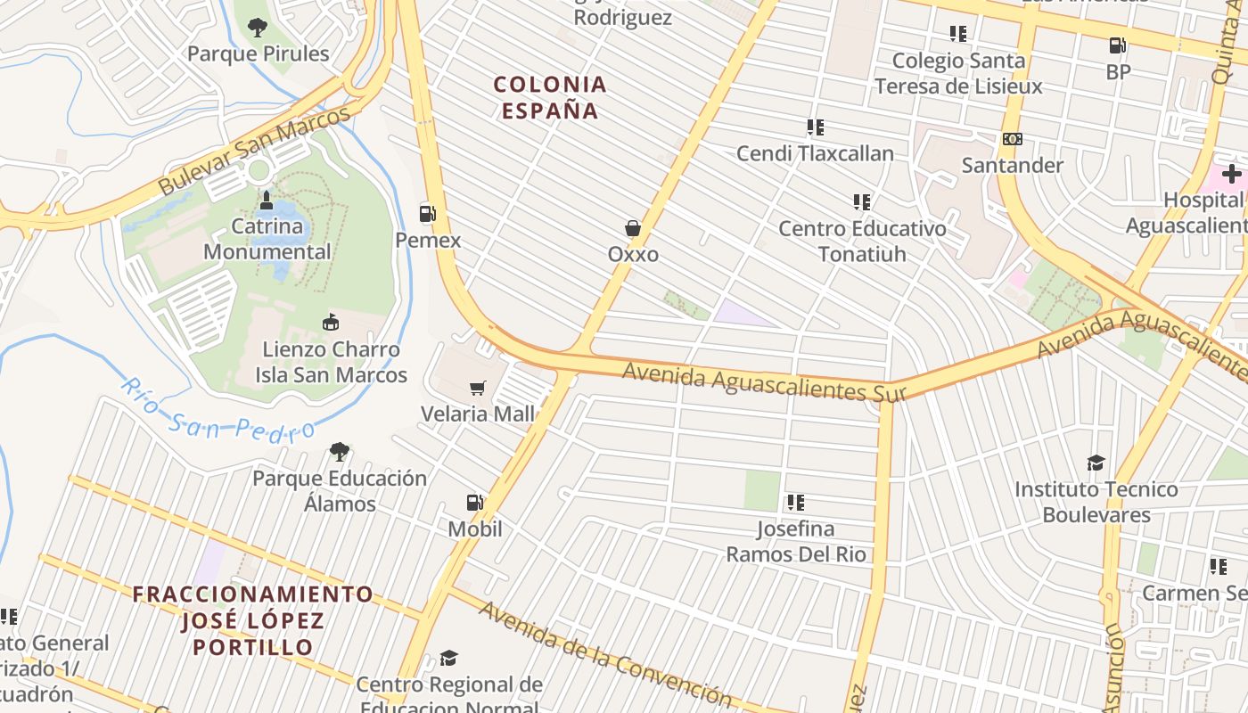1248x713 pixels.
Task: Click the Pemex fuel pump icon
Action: (428, 213)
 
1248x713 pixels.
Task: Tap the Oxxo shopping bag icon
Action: (633, 228)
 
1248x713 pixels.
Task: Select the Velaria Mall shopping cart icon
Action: (478, 388)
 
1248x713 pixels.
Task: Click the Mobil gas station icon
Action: (474, 503)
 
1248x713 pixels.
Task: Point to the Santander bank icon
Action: (1013, 139)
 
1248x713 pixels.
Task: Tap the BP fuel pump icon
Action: (1118, 45)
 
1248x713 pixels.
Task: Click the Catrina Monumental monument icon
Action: (267, 201)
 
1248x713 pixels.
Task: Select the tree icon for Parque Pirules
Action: (258, 28)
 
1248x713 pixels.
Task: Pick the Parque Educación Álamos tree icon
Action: (339, 452)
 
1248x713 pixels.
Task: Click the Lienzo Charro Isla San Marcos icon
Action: (331, 323)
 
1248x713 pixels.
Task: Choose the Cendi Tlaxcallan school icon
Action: (815, 127)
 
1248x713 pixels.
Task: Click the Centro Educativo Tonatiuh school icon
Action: (861, 202)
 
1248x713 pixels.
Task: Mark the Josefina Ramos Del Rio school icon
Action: (795, 503)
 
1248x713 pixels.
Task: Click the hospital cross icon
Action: (1232, 173)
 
